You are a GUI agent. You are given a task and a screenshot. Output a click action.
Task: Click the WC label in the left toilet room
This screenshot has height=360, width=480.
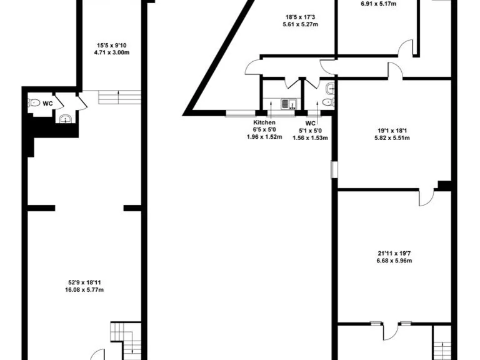47,104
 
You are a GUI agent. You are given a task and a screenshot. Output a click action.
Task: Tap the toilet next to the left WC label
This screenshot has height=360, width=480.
34,103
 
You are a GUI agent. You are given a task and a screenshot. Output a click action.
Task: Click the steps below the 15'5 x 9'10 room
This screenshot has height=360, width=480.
118,97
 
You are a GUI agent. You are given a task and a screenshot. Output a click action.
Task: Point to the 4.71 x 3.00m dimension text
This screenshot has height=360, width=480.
111,52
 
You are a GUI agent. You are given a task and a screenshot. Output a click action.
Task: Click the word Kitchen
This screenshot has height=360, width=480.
264,122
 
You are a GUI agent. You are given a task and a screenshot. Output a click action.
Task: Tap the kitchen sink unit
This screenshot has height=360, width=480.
288,104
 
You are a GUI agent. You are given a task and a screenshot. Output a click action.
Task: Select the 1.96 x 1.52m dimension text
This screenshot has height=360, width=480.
264,137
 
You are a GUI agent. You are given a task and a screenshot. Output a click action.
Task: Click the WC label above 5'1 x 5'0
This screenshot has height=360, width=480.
311,123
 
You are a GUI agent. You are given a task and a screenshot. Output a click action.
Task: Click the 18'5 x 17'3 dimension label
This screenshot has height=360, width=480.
300,17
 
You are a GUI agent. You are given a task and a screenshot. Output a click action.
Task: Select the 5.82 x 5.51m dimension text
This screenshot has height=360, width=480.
393,138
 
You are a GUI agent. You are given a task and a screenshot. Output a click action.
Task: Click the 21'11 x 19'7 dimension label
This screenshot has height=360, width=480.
394,253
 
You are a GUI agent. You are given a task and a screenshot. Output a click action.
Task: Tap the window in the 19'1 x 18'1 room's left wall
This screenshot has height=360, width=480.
334,169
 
